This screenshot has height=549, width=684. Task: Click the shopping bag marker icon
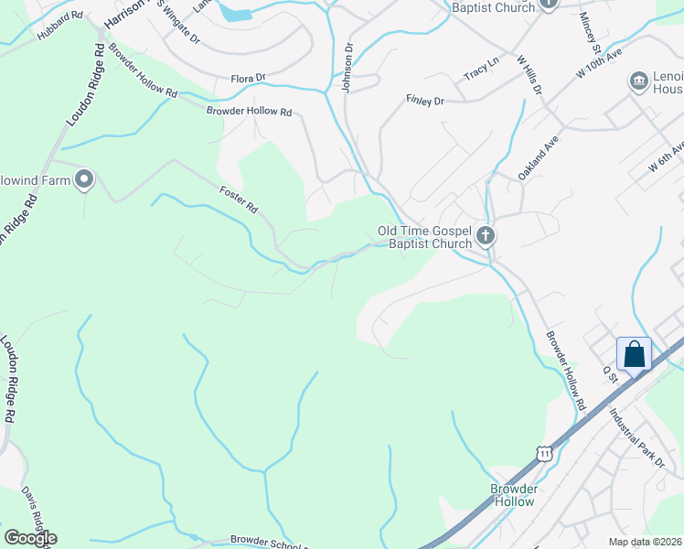(x=635, y=353)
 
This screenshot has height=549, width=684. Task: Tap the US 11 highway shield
(x=545, y=453)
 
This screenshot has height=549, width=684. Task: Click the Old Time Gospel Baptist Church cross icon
(x=485, y=237)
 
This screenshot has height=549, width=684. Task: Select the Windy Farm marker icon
(x=85, y=178)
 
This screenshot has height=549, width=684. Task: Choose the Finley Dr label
(x=424, y=100)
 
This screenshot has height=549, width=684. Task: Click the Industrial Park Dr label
(x=636, y=438)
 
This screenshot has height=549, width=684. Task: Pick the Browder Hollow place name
(x=513, y=495)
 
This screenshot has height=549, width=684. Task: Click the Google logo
(x=30, y=537)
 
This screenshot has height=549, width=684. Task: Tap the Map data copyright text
(x=645, y=542)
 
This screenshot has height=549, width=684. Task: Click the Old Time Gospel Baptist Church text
(x=430, y=237)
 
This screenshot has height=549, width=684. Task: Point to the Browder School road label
(x=265, y=542)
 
